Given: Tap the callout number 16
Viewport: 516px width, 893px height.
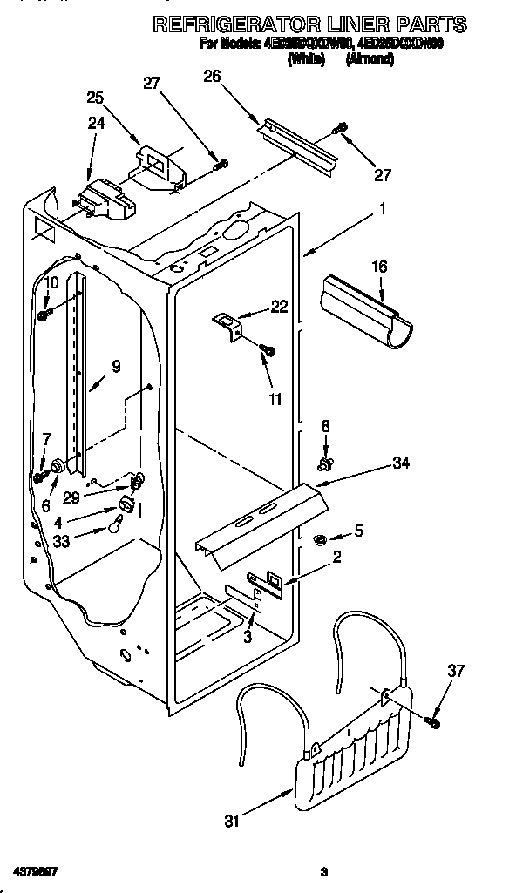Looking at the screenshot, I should pyautogui.click(x=379, y=266).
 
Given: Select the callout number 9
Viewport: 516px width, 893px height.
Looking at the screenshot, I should pyautogui.click(x=116, y=367).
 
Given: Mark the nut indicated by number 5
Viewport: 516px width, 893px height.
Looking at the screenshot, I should pyautogui.click(x=319, y=541).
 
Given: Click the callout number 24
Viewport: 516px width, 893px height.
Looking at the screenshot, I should pyautogui.click(x=95, y=124).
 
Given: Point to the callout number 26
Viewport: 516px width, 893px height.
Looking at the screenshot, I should pyautogui.click(x=212, y=76).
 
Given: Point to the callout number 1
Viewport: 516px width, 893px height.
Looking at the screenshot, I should pyautogui.click(x=382, y=209).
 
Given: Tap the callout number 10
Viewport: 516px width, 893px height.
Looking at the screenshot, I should pyautogui.click(x=51, y=282).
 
